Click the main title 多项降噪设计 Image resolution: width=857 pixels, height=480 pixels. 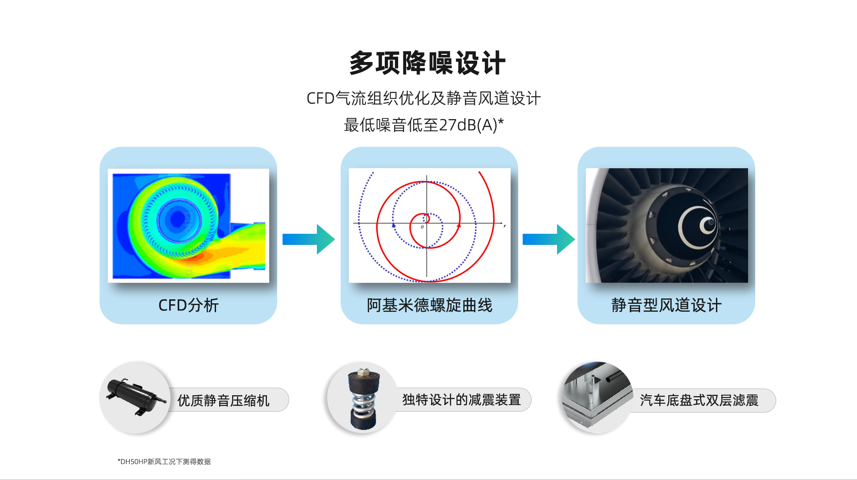(427, 63)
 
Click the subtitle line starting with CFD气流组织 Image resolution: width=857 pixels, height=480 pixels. (424, 98)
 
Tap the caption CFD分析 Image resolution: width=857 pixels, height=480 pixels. (188, 305)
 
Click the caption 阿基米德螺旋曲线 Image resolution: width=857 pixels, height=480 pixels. (429, 305)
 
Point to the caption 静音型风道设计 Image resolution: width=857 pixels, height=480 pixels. (666, 305)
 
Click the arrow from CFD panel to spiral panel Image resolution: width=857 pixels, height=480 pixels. (308, 239)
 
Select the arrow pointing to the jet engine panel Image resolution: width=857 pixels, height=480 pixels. (549, 239)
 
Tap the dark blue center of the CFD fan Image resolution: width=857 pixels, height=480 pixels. (178, 219)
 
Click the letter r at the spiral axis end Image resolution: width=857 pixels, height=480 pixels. (505, 226)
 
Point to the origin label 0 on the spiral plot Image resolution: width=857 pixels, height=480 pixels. (422, 227)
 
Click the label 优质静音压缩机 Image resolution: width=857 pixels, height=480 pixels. (223, 400)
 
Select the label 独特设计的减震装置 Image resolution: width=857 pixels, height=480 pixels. (462, 400)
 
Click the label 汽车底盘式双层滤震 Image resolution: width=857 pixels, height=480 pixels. (699, 400)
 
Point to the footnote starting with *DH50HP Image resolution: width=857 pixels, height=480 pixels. (164, 462)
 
